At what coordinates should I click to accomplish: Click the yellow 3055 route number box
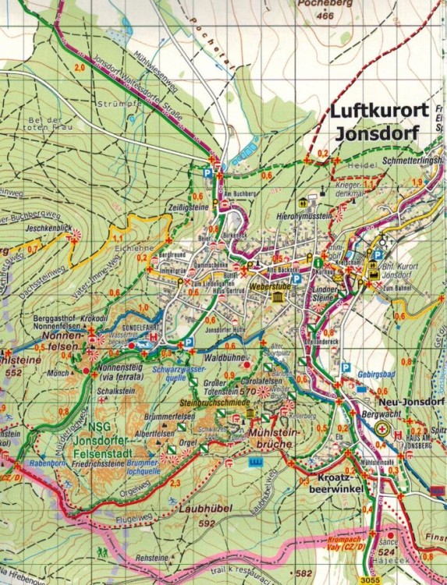[374, 580]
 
